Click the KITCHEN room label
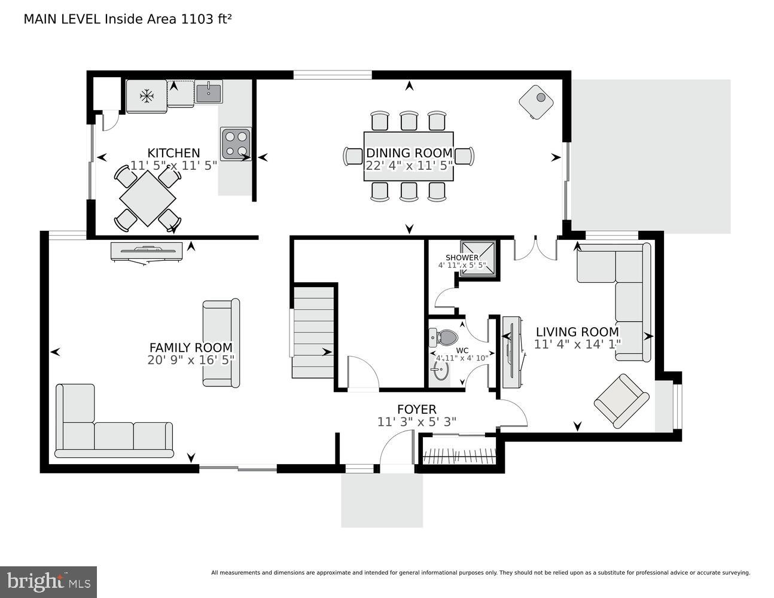coord(173,153)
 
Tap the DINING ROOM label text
coord(409,153)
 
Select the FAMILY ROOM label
coord(191,347)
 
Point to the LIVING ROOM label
coord(577,332)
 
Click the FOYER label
coord(417,409)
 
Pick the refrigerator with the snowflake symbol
coord(147,96)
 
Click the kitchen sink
coord(209,91)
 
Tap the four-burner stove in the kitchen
coord(235,144)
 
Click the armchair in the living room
coord(621,401)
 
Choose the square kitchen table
coord(148,199)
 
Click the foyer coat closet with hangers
coord(459,452)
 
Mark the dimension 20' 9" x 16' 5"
coord(191,359)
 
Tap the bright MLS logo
coord(48,581)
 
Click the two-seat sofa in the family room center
coord(221,343)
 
